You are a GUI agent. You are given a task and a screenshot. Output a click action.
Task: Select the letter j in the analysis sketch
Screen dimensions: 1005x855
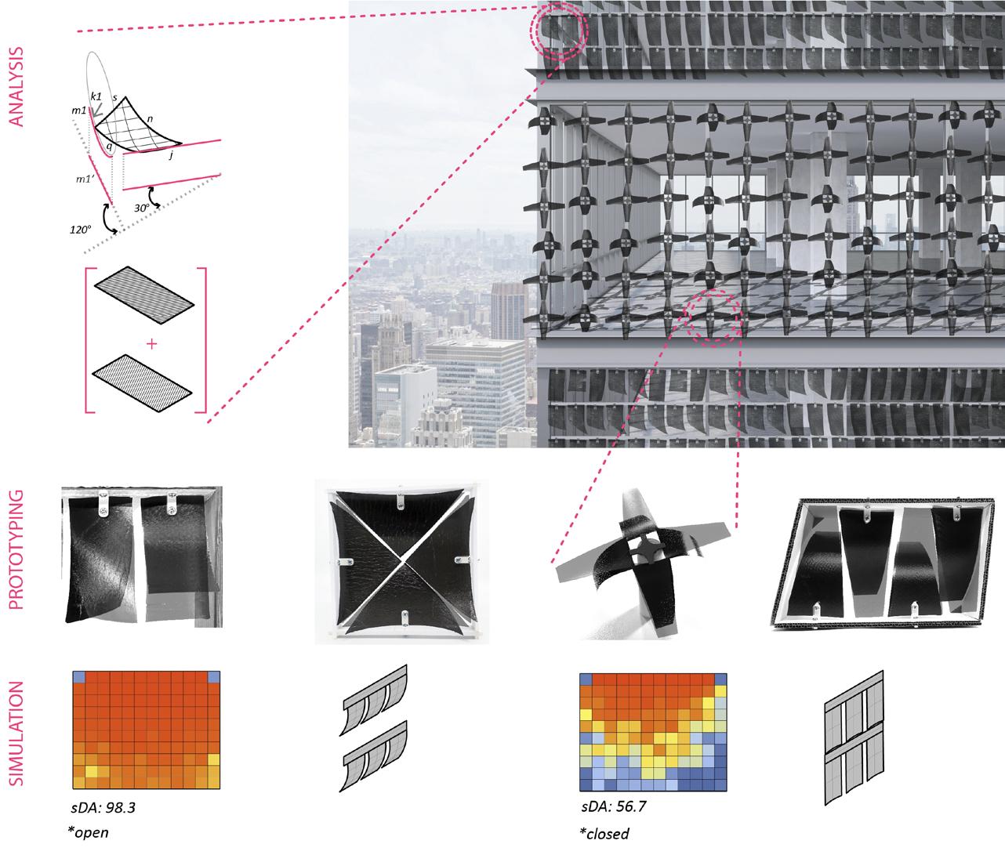[172, 155]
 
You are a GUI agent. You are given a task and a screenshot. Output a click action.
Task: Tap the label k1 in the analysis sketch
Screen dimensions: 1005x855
[96, 95]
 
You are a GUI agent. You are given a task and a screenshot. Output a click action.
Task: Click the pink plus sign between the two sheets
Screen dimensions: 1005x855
[151, 343]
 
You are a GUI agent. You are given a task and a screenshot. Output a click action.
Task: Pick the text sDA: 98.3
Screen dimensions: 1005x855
[99, 805]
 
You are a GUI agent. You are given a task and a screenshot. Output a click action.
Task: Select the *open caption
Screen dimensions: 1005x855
[88, 831]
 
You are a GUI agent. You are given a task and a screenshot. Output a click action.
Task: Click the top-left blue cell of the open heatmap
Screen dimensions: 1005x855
[78, 677]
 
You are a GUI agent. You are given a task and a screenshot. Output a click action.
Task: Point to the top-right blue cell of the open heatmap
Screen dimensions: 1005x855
[215, 677]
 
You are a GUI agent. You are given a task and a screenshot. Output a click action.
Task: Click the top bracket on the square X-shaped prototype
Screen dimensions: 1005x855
[401, 500]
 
